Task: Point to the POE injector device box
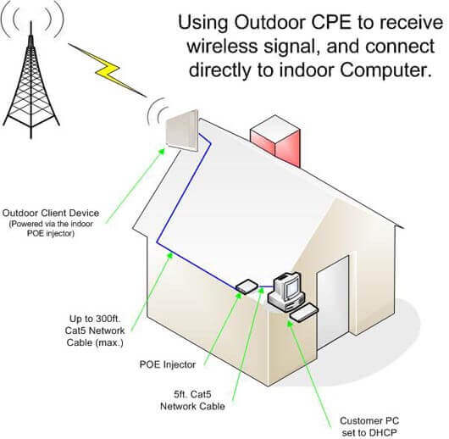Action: [x=247, y=286]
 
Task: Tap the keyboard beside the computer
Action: [x=304, y=313]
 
